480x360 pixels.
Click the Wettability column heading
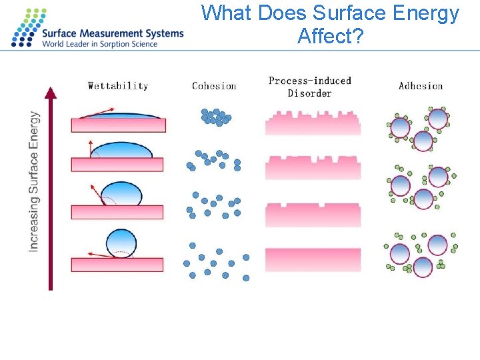click(x=118, y=85)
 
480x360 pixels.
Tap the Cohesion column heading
click(x=214, y=85)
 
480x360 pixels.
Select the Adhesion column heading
click(x=420, y=85)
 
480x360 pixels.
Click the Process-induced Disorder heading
click(x=309, y=87)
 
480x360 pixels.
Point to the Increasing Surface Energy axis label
click(x=34, y=181)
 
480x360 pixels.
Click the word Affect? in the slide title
click(x=331, y=36)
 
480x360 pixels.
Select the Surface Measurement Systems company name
click(x=112, y=33)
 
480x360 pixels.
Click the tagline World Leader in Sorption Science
click(x=99, y=44)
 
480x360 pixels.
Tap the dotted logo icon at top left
click(x=25, y=28)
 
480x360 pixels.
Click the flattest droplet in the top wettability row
click(x=127, y=115)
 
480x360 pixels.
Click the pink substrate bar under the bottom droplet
click(x=117, y=264)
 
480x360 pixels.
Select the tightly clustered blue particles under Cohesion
click(x=215, y=117)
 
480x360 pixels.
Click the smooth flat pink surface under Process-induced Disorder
click(x=313, y=259)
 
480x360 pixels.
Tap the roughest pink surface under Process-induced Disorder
click(x=313, y=123)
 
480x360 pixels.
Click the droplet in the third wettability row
click(x=121, y=194)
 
